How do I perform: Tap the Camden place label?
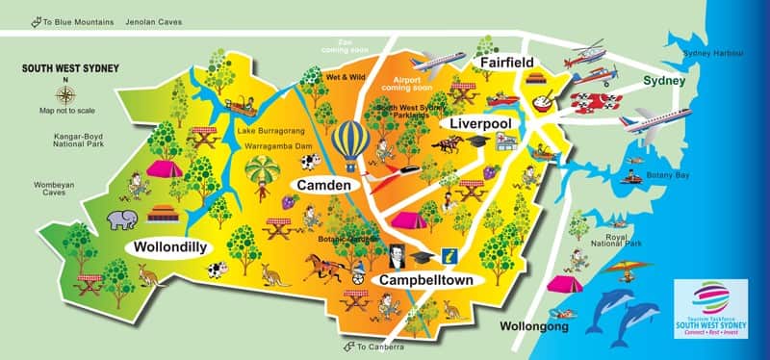point(322,183)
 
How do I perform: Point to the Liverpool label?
point(480,125)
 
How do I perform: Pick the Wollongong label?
point(542,327)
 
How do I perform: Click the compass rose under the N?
point(65,95)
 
